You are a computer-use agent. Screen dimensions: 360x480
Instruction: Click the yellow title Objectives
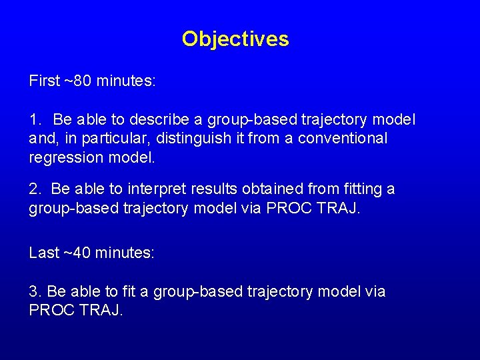coord(235,39)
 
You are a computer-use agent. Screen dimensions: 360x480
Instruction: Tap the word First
coord(44,81)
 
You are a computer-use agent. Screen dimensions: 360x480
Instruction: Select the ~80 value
coord(78,81)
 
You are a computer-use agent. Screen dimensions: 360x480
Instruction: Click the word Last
coord(43,253)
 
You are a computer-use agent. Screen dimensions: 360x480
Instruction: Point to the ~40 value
coord(78,253)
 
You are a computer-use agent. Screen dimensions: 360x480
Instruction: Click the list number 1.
coord(35,120)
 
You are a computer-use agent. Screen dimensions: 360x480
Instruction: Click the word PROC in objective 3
coord(51,311)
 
